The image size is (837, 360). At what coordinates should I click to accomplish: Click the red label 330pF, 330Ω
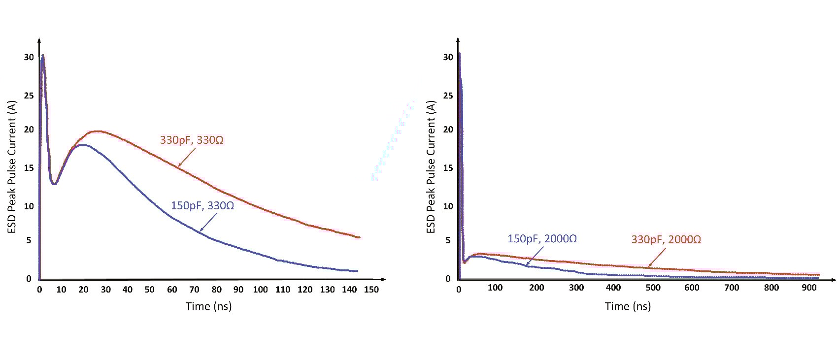tap(192, 140)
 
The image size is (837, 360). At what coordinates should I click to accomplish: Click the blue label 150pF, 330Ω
tap(202, 205)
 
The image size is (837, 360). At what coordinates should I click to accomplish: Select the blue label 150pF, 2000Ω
tap(542, 239)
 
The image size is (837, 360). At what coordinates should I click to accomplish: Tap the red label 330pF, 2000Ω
tap(666, 239)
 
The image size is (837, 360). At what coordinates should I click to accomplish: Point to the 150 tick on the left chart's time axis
tap(371, 290)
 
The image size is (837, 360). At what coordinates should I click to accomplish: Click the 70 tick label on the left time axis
tap(194, 290)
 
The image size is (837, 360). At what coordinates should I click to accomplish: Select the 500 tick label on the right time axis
tap(653, 288)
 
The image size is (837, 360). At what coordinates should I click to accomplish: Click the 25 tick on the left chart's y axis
tap(29, 96)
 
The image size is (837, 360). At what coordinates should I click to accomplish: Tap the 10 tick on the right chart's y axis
tap(448, 206)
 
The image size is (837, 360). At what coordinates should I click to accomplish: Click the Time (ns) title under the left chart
tap(208, 306)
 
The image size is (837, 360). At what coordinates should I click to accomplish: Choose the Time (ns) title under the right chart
tap(628, 306)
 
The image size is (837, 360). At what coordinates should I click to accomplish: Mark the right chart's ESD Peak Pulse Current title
tap(431, 167)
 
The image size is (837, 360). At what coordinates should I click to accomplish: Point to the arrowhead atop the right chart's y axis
tap(459, 39)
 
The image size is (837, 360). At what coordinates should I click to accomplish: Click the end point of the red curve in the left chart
tap(359, 237)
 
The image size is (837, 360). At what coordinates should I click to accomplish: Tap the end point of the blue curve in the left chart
tap(357, 271)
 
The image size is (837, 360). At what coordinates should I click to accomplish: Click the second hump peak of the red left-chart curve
tap(97, 131)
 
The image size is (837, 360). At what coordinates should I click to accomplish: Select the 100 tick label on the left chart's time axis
tap(260, 290)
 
